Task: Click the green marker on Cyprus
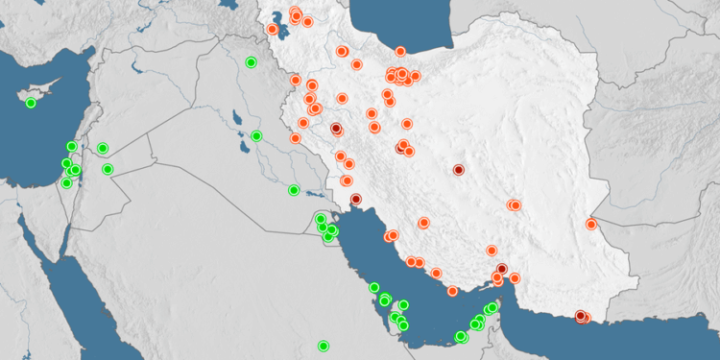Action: [31, 103]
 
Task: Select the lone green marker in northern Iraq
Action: [251, 62]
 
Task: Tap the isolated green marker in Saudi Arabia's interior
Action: [324, 346]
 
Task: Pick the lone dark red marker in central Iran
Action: [459, 170]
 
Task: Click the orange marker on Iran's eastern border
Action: [591, 225]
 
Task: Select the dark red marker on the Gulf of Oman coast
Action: [580, 316]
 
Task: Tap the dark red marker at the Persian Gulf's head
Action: [356, 200]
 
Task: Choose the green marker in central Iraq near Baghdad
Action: [256, 135]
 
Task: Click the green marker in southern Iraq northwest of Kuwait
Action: [294, 190]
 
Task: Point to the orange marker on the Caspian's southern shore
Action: [400, 52]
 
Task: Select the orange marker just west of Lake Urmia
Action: [273, 29]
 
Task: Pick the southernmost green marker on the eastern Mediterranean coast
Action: [66, 182]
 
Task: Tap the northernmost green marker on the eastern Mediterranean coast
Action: [71, 147]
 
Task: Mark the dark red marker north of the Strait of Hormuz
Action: [502, 268]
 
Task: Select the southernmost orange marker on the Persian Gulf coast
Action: [452, 291]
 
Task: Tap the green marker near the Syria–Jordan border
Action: [103, 148]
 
